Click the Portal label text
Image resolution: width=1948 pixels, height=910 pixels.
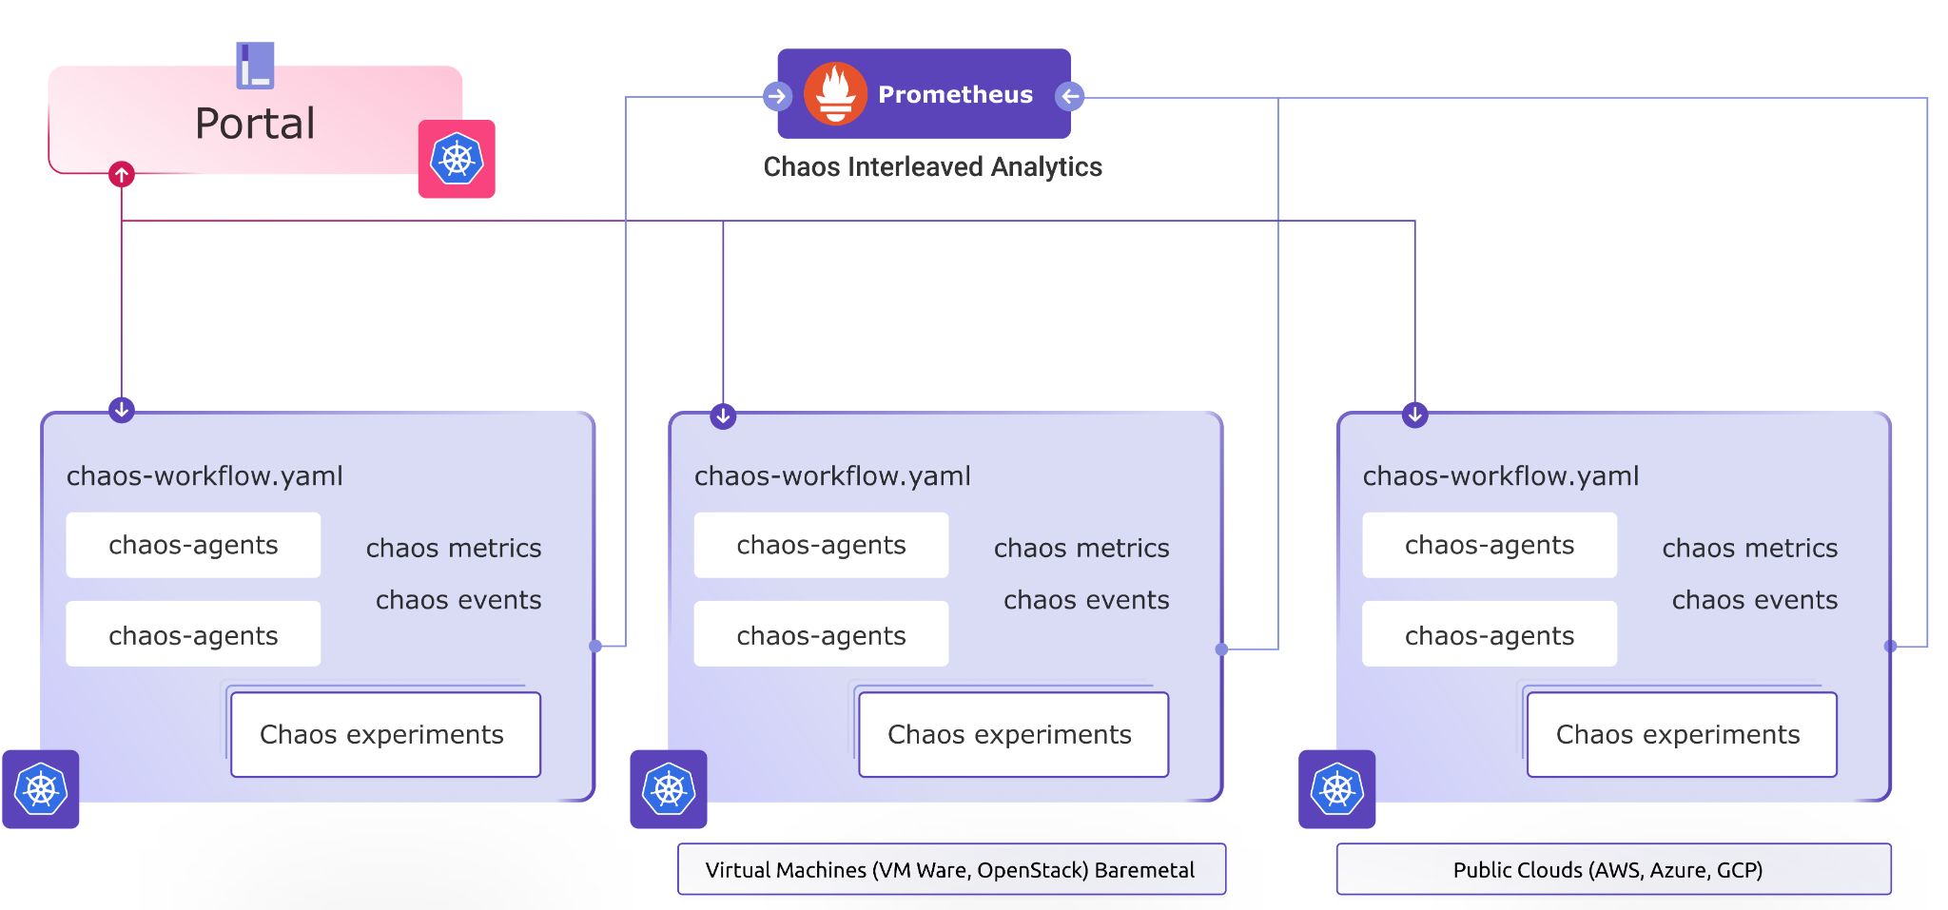[255, 124]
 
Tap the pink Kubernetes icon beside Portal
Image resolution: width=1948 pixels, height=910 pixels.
[457, 159]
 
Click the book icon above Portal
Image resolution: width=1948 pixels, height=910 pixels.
[255, 66]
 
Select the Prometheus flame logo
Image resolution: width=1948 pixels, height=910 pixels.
[835, 94]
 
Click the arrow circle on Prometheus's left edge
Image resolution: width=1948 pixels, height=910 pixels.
[777, 96]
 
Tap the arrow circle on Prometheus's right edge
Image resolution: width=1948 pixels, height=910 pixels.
[1070, 96]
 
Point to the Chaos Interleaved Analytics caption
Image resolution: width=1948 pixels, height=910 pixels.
[932, 167]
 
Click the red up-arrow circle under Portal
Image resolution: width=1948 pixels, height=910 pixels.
[122, 174]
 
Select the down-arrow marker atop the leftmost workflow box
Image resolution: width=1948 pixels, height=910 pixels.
[122, 410]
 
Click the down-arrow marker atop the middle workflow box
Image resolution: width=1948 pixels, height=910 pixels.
[723, 416]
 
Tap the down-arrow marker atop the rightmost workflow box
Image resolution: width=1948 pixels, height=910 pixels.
[1415, 415]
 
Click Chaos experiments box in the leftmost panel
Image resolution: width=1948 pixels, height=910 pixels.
[385, 734]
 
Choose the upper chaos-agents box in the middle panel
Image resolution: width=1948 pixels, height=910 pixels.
[821, 545]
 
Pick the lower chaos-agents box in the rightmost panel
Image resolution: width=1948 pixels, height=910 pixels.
[1489, 634]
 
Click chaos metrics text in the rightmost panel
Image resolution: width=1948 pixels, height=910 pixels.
[1749, 549]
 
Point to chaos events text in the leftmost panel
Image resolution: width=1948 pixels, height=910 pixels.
[458, 600]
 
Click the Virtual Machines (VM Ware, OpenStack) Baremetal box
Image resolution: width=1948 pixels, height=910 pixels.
[951, 869]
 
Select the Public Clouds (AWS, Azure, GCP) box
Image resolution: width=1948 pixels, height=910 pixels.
[1613, 869]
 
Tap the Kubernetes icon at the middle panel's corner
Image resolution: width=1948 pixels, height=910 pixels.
[669, 789]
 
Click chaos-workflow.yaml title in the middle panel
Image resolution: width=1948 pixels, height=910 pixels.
[832, 475]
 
